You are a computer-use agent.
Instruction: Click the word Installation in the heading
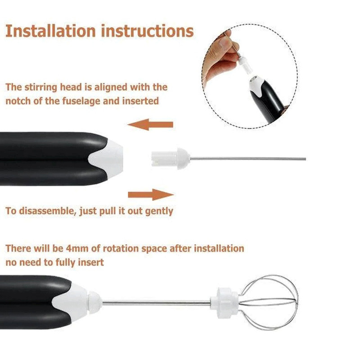50,31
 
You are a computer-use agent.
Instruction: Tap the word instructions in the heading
148,31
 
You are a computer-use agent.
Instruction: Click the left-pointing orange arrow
150,125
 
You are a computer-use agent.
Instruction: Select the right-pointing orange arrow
151,195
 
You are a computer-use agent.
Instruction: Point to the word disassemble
47,211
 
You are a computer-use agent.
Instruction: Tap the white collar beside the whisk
225,302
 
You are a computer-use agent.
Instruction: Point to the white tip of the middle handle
107,159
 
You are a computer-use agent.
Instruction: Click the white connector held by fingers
246,65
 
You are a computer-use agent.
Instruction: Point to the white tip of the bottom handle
70,302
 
